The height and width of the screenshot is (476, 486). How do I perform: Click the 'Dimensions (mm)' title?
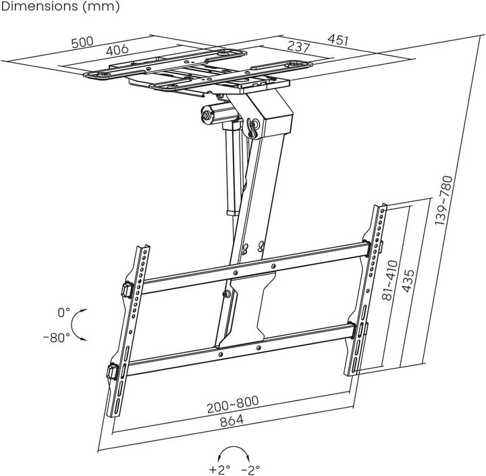[x=60, y=7]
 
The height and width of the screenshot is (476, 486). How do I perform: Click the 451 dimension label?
[x=337, y=40]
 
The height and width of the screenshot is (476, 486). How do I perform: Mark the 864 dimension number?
[x=231, y=420]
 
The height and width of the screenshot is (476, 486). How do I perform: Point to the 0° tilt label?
[x=63, y=313]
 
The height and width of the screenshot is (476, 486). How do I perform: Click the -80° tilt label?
[x=56, y=337]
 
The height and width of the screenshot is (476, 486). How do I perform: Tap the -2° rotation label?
[x=250, y=469]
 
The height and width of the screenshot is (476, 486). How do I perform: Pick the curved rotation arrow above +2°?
[x=234, y=452]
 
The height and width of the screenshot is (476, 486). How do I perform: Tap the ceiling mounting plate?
[x=196, y=71]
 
